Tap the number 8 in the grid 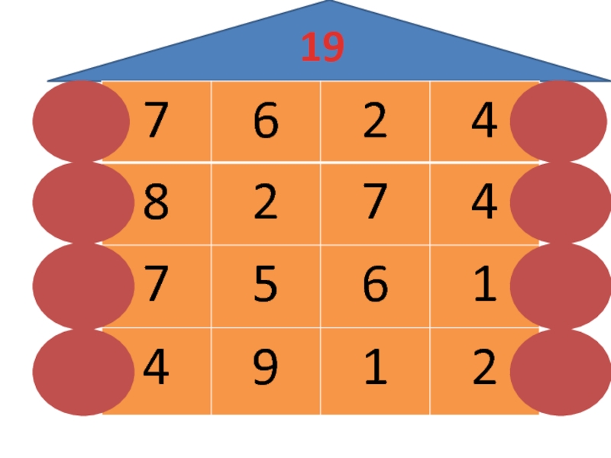[155, 204]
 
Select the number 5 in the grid [265, 285]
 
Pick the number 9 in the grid [265, 368]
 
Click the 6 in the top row [265, 123]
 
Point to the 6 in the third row [375, 285]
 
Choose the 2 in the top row [375, 123]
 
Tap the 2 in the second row [265, 204]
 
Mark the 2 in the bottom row [484, 368]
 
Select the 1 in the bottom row [375, 368]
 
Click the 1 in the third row [484, 285]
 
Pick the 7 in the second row [375, 204]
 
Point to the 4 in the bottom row [155, 368]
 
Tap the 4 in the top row [484, 123]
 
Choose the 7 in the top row [155, 123]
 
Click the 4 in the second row [484, 204]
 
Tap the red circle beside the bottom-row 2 [558, 373]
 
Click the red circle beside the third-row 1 [558, 285]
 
